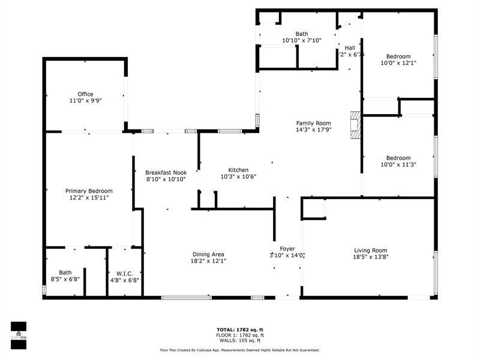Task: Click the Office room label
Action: click(85, 94)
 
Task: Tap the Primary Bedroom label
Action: click(89, 191)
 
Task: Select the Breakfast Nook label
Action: click(166, 172)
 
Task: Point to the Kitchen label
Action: click(234, 170)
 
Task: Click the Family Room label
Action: click(313, 123)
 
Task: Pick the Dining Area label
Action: click(209, 253)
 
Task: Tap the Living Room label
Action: click(370, 250)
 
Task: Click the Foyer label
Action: click(287, 248)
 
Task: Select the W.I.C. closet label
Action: click(125, 272)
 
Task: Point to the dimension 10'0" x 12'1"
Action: click(398, 62)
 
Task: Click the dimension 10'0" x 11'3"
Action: click(398, 165)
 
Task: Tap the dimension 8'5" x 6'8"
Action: click(65, 279)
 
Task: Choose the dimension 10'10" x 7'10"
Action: click(302, 41)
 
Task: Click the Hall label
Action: click(350, 47)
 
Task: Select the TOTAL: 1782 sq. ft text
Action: click(240, 329)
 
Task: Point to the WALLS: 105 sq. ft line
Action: click(240, 340)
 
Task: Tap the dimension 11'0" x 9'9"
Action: click(85, 101)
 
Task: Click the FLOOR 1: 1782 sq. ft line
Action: click(240, 335)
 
